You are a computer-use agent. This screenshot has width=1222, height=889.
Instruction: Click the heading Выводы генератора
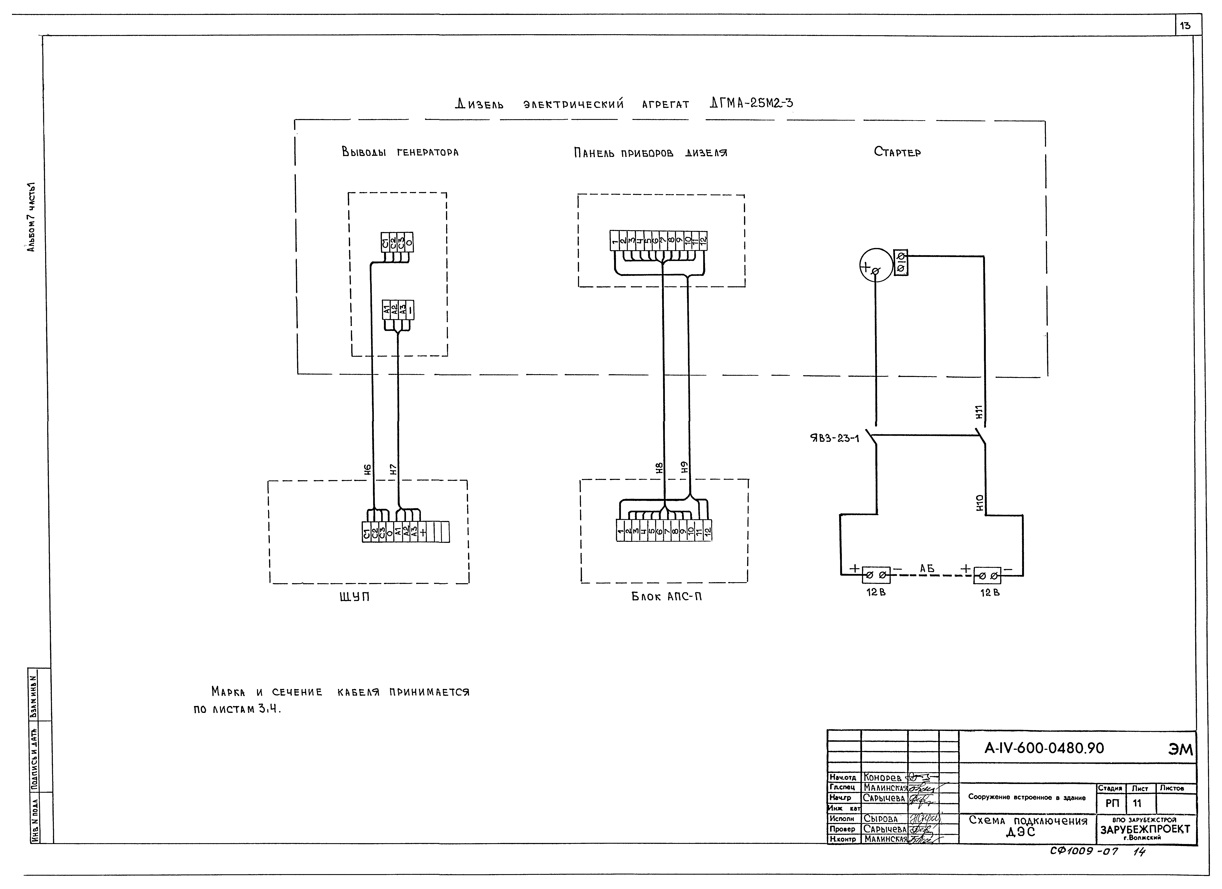click(x=400, y=153)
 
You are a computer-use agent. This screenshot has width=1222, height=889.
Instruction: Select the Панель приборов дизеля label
click(x=650, y=153)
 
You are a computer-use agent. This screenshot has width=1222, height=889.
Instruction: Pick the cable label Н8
click(x=659, y=468)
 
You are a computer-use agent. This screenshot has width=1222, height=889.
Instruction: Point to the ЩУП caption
click(x=354, y=597)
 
